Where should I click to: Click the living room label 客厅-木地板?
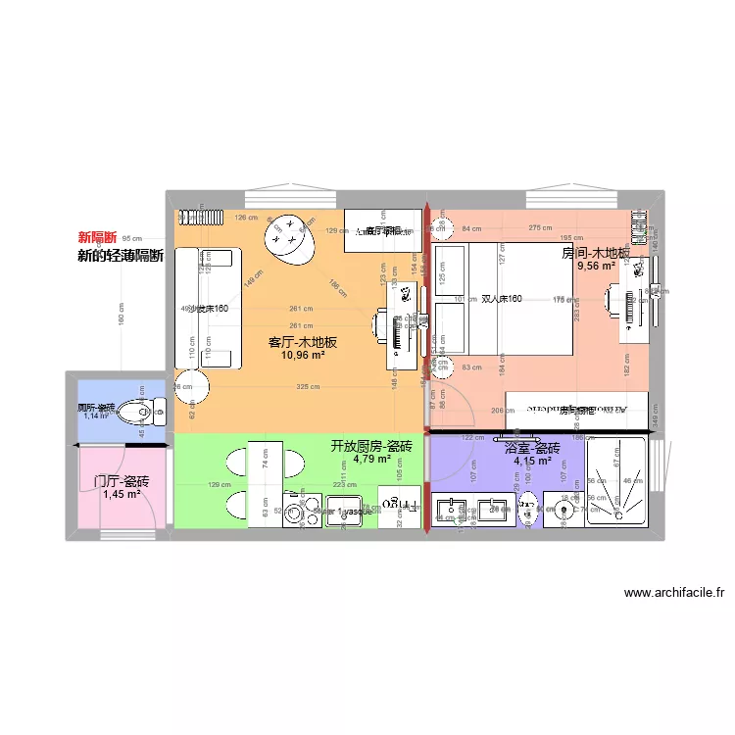(x=303, y=342)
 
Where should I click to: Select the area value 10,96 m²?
(x=303, y=356)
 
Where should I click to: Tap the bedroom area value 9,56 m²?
(x=596, y=266)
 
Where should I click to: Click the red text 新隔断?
(x=97, y=237)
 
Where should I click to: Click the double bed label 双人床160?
(x=501, y=299)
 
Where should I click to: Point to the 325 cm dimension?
(x=308, y=387)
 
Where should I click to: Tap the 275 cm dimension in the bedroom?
(x=540, y=228)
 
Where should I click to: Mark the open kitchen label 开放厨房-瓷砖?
(x=371, y=446)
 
